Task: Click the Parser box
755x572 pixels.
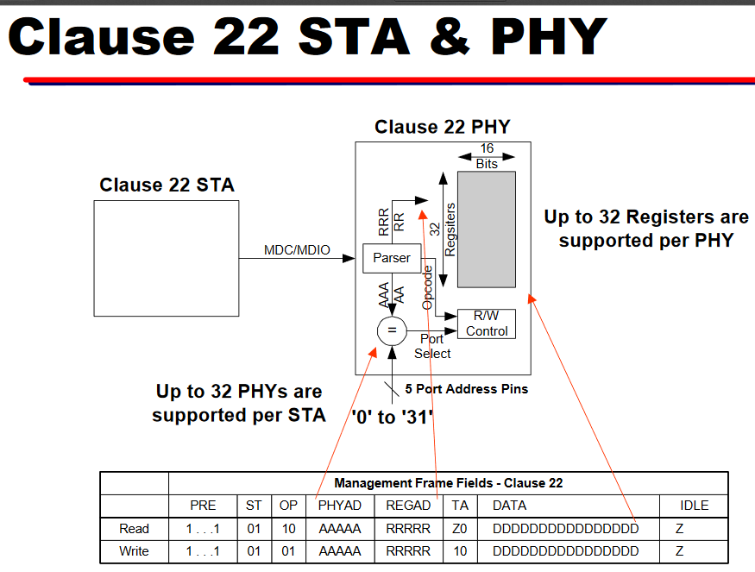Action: tap(391, 258)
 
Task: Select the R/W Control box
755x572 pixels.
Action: tap(487, 324)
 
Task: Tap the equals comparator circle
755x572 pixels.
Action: tap(391, 330)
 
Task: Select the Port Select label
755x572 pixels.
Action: tap(432, 346)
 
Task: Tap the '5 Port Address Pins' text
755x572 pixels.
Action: tap(467, 389)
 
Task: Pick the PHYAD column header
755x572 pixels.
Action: tap(340, 506)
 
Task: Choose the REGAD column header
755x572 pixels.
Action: tap(407, 506)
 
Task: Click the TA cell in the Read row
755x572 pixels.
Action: tap(460, 529)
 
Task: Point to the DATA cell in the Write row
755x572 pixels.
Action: tap(565, 551)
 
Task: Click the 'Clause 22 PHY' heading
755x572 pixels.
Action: tap(442, 128)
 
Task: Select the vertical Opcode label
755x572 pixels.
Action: tap(428, 287)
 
